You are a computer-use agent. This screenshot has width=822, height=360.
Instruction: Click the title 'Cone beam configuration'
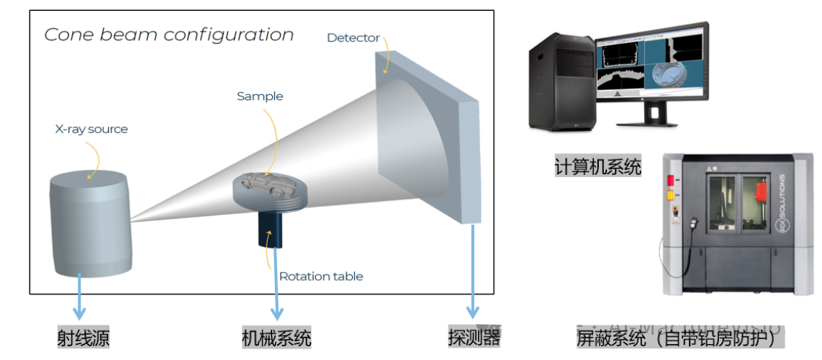pos(168,35)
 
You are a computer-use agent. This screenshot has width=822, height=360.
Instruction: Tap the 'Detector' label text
pos(353,37)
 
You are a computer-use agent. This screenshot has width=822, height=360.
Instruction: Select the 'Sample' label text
pos(260,96)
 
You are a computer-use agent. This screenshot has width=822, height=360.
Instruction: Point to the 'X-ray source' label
pos(91,130)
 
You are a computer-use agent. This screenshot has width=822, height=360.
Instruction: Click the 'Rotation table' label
pos(321,276)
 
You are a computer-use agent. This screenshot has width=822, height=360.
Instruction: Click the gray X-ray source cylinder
pos(90,223)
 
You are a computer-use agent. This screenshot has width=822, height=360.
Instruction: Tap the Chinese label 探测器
pos(474,337)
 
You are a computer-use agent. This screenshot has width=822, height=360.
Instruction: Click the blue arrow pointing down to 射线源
pos(79,298)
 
